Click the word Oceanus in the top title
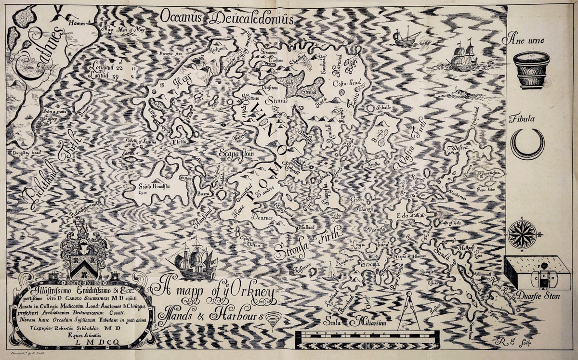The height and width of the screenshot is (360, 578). (x=179, y=18)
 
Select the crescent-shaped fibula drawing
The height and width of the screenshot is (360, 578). (x=527, y=143)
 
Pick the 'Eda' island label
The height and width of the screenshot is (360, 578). (x=402, y=216)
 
